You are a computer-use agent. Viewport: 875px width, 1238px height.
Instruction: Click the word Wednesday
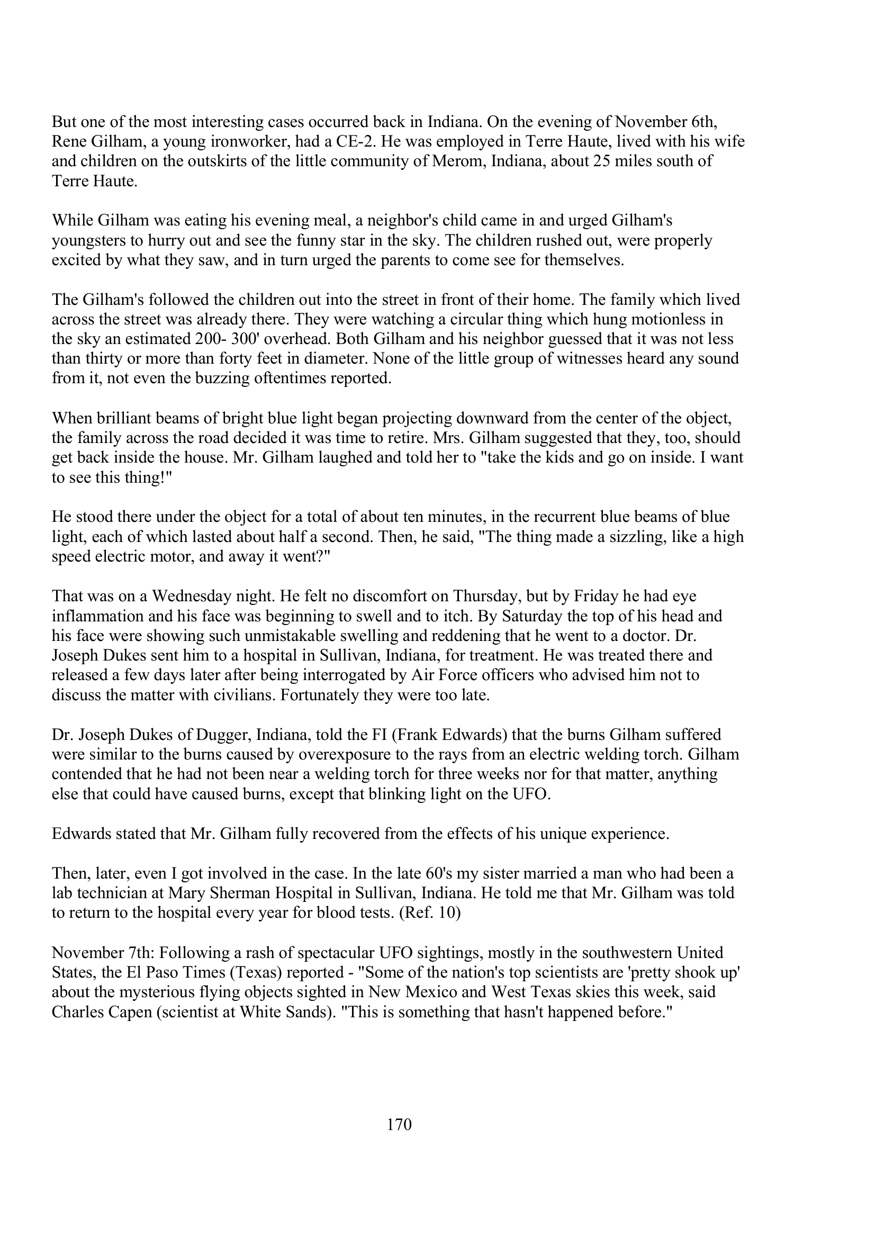(x=191, y=597)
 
